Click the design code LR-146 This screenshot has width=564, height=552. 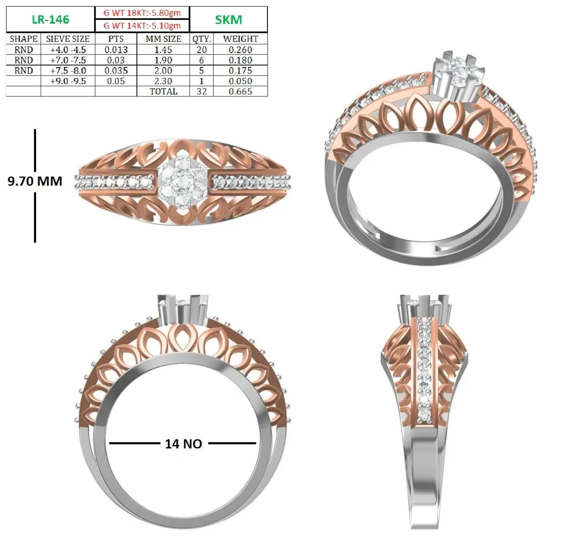coord(50,20)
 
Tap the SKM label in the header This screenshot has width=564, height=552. coord(229,20)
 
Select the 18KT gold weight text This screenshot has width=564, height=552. coord(142,13)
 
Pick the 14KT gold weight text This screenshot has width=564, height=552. coord(142,26)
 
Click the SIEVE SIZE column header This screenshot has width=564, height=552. coord(68,39)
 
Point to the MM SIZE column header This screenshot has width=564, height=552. coord(163,39)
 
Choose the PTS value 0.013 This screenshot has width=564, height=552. coord(116,49)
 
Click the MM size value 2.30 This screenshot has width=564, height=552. coord(163,81)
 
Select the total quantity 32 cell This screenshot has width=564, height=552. coord(202,92)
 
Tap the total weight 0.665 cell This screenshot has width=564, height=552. coord(240,92)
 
